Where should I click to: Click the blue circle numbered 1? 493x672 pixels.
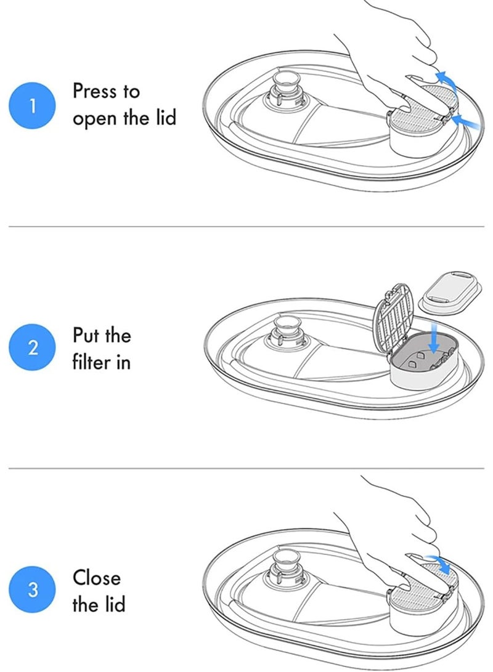[32, 105]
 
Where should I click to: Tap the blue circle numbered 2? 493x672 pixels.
[32, 347]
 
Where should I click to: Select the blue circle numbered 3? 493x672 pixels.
[32, 589]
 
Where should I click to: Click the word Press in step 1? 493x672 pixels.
[94, 91]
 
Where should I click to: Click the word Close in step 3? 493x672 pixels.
[97, 577]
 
